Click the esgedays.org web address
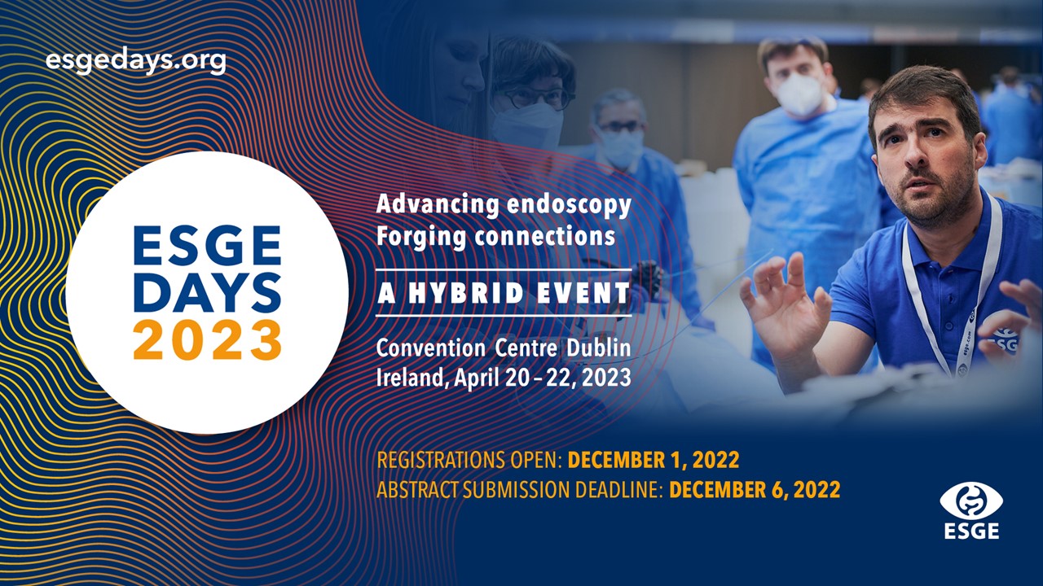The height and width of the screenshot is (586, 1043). [135, 61]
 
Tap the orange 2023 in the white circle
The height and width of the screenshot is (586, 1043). [208, 340]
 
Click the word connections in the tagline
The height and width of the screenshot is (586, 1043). [545, 236]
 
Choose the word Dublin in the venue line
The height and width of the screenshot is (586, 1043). [599, 348]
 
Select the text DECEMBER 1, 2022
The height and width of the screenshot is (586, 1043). [654, 460]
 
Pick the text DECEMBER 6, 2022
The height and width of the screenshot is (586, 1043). [755, 490]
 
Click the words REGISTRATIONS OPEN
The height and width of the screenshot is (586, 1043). [469, 460]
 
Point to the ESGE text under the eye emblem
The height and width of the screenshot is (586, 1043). [971, 531]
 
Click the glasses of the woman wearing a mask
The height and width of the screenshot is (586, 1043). [535, 96]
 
